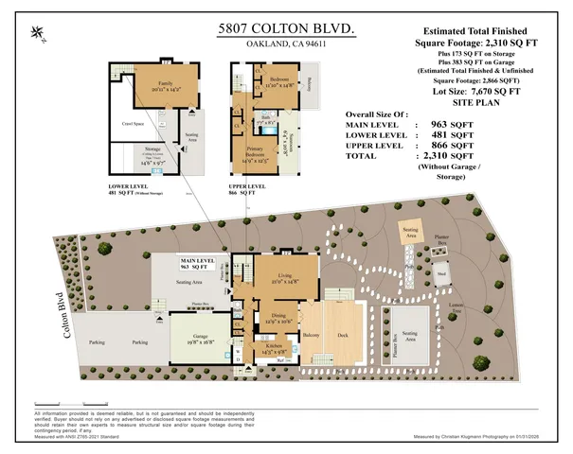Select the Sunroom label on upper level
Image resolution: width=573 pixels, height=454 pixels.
(x=292, y=147)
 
